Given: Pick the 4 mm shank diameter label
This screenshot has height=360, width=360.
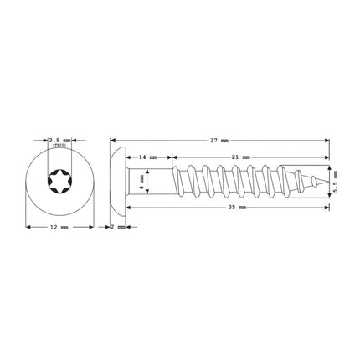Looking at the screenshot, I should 142,179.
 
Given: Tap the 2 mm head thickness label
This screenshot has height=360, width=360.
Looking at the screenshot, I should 118,227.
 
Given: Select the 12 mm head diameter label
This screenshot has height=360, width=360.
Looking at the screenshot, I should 57,227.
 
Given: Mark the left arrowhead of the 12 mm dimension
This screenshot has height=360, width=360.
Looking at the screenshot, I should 28,227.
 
